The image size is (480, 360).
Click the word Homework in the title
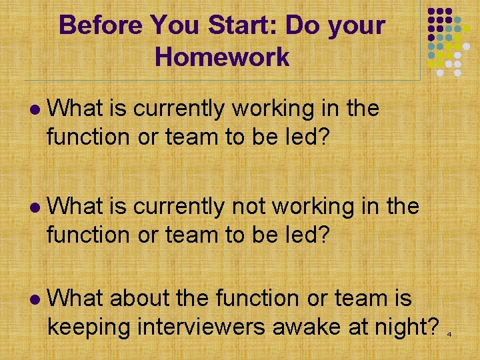tap(222, 57)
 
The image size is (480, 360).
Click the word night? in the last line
tap(407, 327)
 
